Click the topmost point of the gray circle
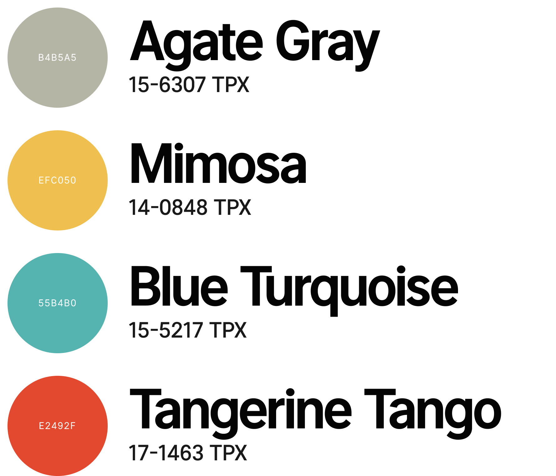(58, 8)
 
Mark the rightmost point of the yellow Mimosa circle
(108, 180)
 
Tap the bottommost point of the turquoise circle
(58, 353)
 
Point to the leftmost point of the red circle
(8, 426)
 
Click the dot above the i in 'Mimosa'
(178, 147)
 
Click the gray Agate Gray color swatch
(58, 58)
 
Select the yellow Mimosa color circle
(58, 180)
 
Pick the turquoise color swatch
(58, 303)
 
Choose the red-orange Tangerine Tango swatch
(58, 426)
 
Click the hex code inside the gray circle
(57, 58)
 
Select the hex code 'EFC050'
(57, 180)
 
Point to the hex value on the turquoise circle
(57, 303)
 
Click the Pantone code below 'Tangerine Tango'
(188, 453)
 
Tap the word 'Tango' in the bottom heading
(433, 413)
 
